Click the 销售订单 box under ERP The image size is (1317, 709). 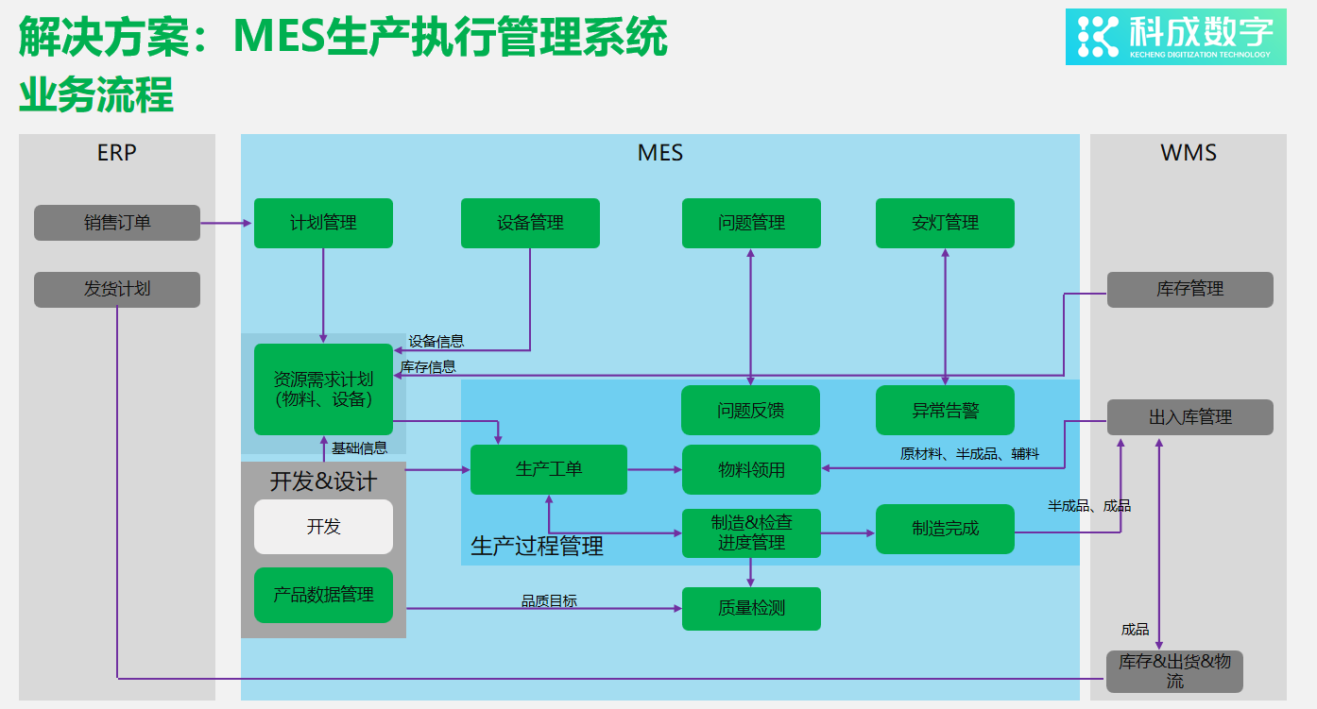click(117, 223)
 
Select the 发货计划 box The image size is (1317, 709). click(117, 289)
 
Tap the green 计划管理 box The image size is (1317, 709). click(323, 223)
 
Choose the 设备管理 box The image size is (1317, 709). click(530, 223)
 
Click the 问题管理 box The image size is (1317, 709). click(751, 223)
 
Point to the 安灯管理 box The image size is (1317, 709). click(945, 223)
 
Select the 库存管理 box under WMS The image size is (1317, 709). click(1189, 289)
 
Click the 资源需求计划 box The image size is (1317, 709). click(323, 389)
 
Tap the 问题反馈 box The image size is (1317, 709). click(751, 411)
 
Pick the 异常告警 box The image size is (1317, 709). click(945, 411)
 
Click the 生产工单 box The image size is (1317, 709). click(548, 469)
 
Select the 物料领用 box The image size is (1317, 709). click(751, 469)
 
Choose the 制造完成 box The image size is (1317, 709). click(945, 529)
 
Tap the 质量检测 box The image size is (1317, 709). click(751, 608)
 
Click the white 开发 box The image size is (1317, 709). click(323, 526)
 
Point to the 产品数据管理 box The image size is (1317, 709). click(323, 595)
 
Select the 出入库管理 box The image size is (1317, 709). click(1189, 416)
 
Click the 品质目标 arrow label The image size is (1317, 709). click(549, 600)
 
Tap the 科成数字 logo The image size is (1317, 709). click(1175, 37)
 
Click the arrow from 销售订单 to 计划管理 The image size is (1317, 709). click(227, 223)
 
